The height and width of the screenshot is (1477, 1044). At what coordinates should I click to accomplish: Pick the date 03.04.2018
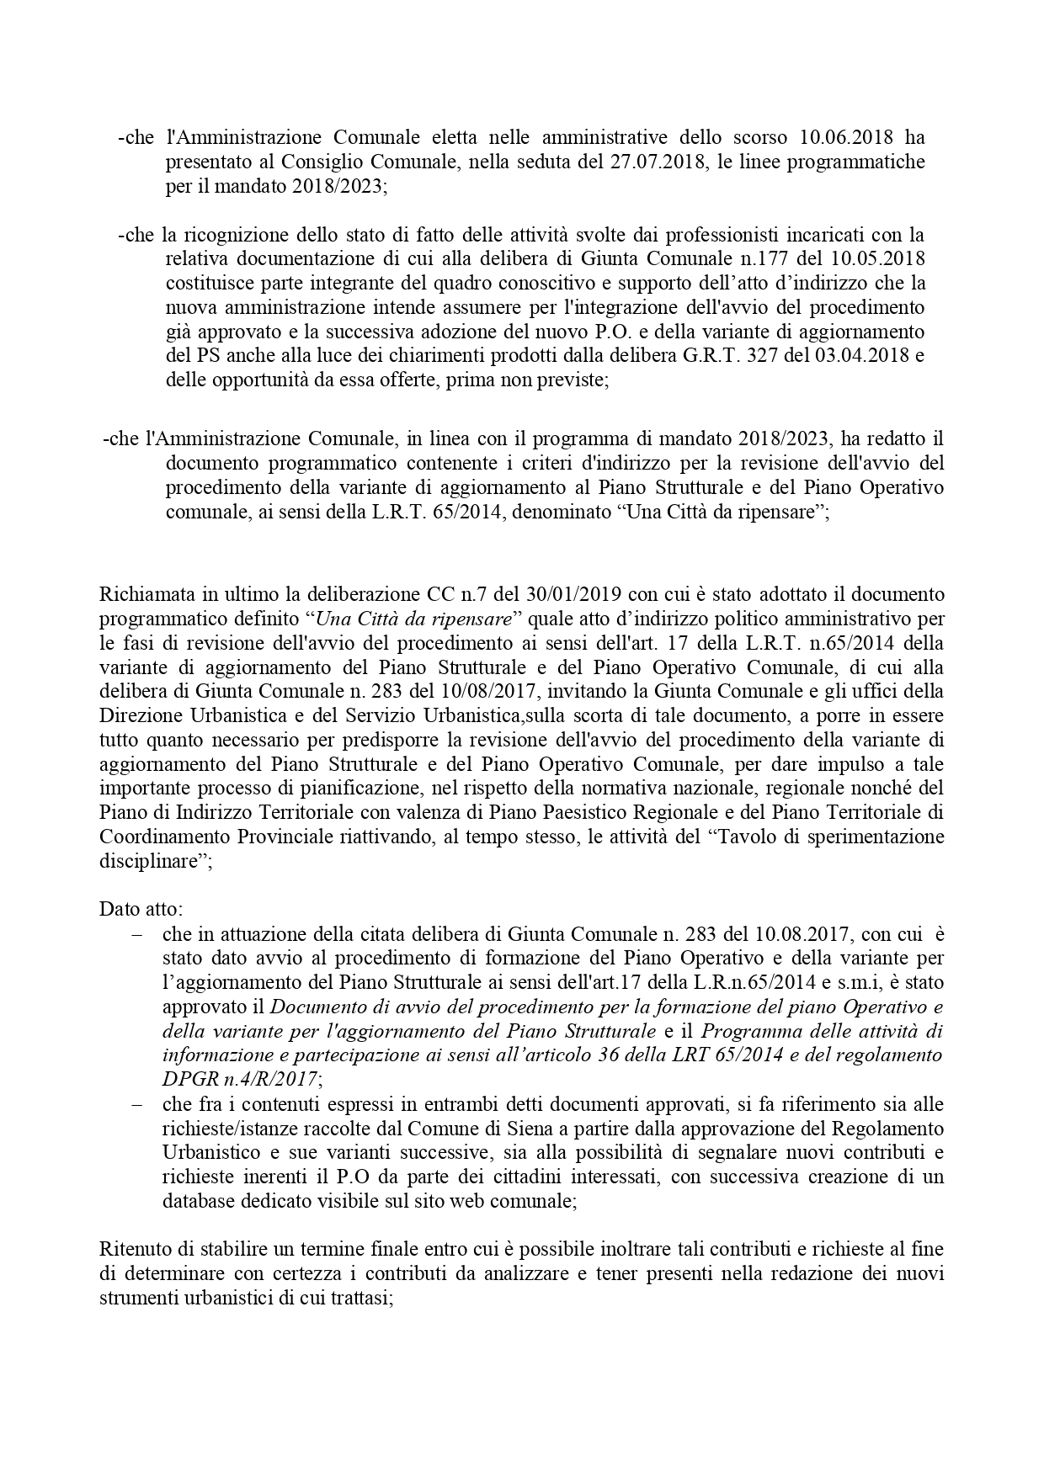pyautogui.click(x=864, y=355)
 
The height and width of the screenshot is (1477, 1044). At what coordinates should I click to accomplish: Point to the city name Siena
pyautogui.click(x=499, y=1129)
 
